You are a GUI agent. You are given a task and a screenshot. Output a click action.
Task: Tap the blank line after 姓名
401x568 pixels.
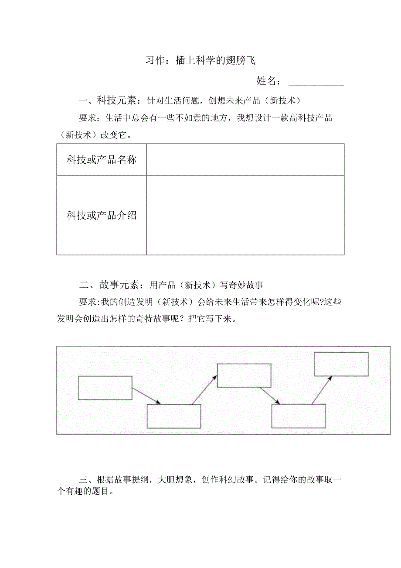pos(316,82)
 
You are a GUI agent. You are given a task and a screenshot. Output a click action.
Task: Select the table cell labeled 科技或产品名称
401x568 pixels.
pos(102,160)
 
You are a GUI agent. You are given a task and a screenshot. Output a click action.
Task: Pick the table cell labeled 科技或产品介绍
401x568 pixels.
pos(102,215)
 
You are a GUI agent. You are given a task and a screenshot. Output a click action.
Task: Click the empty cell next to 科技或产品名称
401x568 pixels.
pos(245,160)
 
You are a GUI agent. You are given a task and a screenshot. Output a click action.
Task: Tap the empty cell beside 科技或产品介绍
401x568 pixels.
pos(245,215)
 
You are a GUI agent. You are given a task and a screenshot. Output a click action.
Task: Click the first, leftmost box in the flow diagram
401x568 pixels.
pos(105,388)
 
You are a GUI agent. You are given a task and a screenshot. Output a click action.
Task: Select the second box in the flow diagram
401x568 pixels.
pos(173,417)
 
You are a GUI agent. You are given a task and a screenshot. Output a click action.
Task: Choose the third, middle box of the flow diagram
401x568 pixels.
pos(244,375)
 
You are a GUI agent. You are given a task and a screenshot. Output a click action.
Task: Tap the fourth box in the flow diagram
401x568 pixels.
pos(299,416)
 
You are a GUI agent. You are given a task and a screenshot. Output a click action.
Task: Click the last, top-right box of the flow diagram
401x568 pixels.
pos(341,364)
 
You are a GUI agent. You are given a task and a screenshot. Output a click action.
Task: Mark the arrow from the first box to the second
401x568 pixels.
pos(147,396)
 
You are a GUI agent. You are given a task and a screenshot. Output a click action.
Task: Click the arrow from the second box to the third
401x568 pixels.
pos(204,389)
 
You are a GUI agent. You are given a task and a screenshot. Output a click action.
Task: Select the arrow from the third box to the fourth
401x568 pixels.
pos(269,396)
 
